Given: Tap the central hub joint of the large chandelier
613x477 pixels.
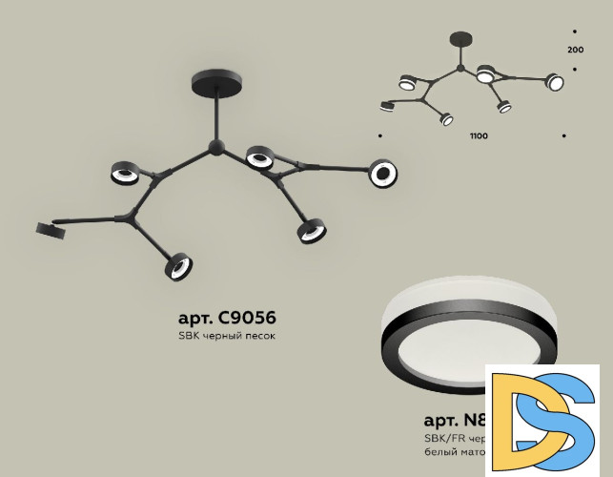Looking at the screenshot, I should (x=217, y=148).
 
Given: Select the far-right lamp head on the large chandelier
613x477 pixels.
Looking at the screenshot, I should (x=383, y=173).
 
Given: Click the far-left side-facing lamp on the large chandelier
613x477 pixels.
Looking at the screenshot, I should (x=49, y=227).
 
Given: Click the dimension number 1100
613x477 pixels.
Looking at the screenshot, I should (x=479, y=136).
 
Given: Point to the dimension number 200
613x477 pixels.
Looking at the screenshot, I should (x=575, y=49).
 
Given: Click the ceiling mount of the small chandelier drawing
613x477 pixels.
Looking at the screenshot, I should (x=462, y=38).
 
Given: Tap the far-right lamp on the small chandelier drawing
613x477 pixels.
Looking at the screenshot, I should (x=555, y=82).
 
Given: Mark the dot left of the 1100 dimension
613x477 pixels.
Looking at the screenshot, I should (x=380, y=136).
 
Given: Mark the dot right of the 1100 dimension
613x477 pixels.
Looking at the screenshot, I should (x=564, y=136).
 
